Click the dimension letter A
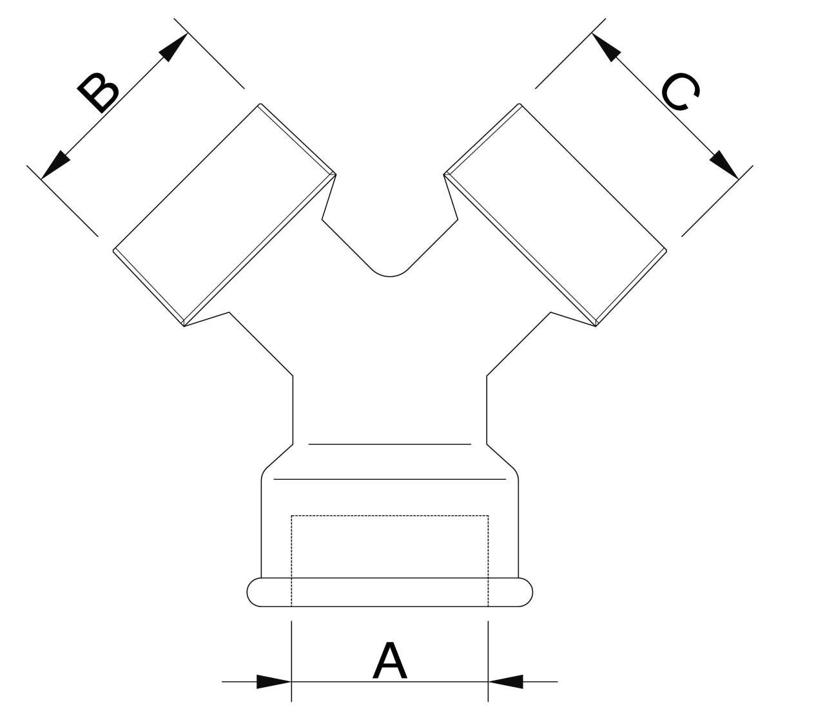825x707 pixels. (389, 659)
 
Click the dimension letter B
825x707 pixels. (98, 93)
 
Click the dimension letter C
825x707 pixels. (680, 92)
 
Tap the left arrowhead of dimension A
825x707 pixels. (274, 681)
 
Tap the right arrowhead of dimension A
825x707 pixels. (506, 681)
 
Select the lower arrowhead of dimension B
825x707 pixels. (55, 165)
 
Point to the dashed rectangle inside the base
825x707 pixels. (389, 561)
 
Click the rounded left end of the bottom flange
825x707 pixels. (254, 592)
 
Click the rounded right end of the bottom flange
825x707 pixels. (525, 592)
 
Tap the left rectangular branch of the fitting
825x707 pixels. (225, 215)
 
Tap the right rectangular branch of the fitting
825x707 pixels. (555, 215)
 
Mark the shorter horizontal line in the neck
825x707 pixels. (390, 444)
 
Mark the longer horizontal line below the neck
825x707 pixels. (389, 479)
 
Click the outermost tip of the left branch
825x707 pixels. (113, 250)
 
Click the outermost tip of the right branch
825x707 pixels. (666, 250)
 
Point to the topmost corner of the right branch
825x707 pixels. (520, 104)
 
